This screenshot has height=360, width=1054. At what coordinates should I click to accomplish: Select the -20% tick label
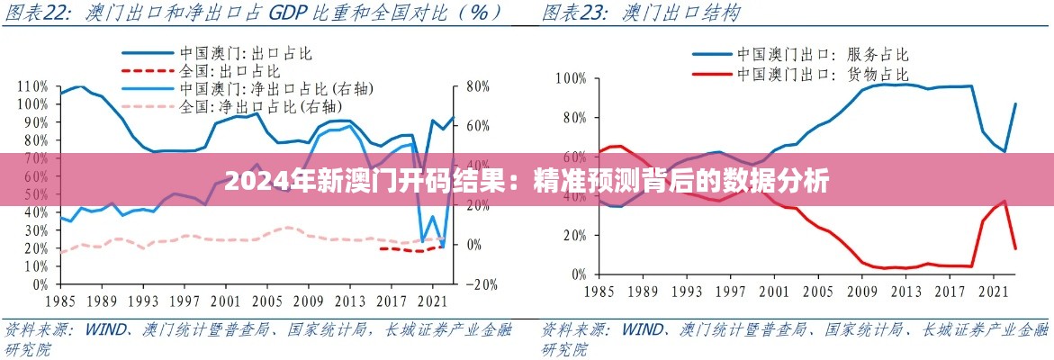482,284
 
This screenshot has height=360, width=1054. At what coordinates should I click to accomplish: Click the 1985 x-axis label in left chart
59,301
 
